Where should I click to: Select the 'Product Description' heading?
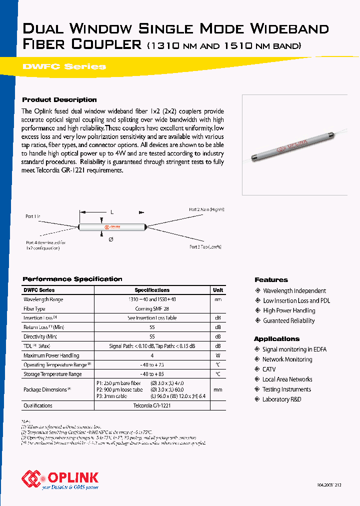point(59,99)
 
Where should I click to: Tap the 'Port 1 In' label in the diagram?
point(33,216)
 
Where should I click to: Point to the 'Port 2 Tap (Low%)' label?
point(205,246)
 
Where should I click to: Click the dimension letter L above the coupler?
point(111,212)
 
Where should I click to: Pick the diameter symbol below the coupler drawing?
point(110,239)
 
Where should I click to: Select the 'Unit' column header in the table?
point(218,290)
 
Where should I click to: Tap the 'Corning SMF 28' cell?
point(152,308)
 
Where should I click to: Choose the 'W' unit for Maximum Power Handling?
point(218,355)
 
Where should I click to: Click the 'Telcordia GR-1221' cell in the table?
point(152,405)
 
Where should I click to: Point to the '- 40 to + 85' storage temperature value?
point(152,374)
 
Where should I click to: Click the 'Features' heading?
point(271,280)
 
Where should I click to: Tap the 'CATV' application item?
point(269,369)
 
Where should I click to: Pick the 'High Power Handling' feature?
point(289,310)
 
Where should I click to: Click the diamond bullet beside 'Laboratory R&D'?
point(257,399)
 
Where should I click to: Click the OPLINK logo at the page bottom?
point(60,478)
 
